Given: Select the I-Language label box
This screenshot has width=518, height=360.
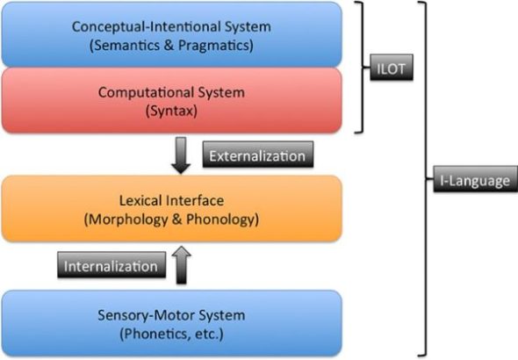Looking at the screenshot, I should [471, 180].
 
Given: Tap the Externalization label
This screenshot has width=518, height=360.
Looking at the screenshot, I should [258, 155].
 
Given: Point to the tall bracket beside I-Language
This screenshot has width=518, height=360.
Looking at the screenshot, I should [427, 180].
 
